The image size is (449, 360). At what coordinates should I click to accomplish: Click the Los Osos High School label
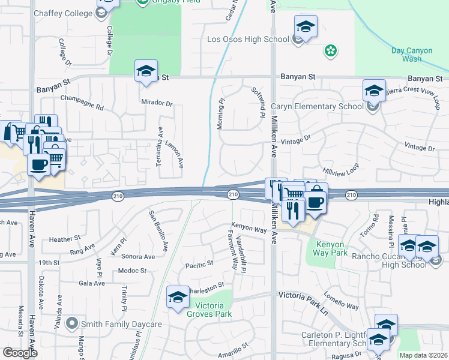[x=248, y=40]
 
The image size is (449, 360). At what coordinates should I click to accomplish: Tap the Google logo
[x=20, y=352]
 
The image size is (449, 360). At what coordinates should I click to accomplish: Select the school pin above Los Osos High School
[x=306, y=27]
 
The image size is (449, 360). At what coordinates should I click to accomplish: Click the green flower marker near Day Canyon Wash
[x=330, y=52]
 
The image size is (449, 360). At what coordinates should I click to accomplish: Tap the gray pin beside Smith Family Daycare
[x=72, y=324]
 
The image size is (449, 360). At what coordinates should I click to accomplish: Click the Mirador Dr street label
[x=157, y=103]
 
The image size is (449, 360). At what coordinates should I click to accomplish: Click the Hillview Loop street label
[x=340, y=169]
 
